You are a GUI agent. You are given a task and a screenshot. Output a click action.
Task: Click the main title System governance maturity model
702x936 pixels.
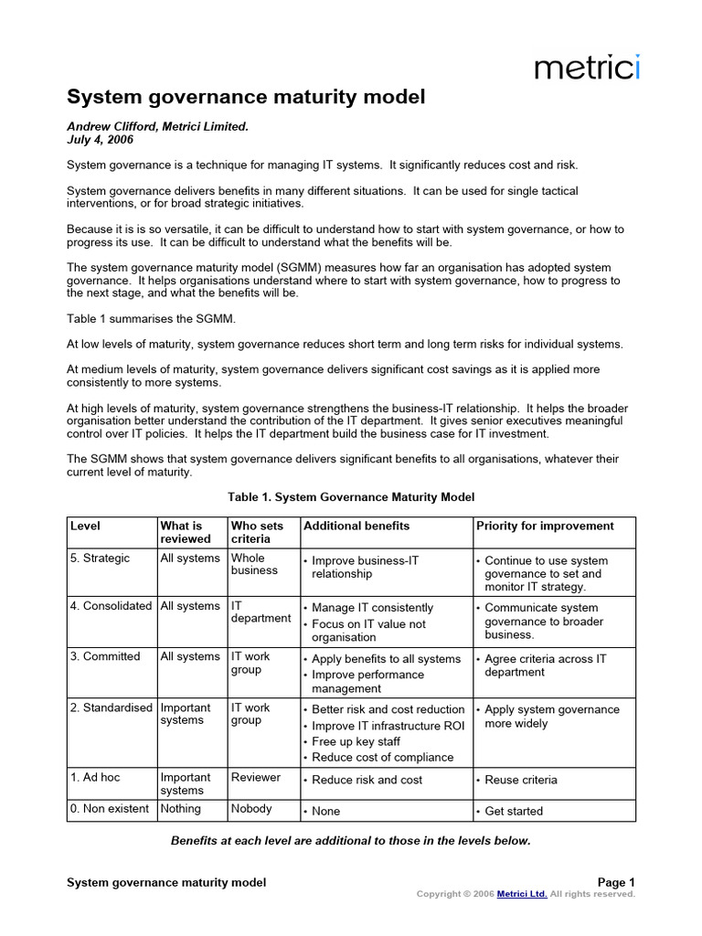point(247,97)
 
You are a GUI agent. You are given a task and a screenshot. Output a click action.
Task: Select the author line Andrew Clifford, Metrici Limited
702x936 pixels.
point(157,128)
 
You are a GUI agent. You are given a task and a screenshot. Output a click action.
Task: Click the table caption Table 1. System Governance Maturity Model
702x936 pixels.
point(351,496)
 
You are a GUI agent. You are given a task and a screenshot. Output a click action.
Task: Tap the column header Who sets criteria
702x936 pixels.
point(257,532)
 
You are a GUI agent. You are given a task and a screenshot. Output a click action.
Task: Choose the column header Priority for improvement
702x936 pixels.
point(545,526)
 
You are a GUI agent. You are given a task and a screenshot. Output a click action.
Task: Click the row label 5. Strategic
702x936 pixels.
point(101,558)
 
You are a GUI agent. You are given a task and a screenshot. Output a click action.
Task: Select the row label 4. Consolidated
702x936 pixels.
point(111,606)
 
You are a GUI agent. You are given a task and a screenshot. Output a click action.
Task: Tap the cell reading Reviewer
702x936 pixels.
point(257,777)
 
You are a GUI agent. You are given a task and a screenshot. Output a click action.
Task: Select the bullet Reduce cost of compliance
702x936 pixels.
point(382,757)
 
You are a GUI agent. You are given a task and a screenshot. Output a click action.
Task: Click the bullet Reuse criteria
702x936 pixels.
point(520,780)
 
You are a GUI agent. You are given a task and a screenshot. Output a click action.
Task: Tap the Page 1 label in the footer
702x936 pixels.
point(616,882)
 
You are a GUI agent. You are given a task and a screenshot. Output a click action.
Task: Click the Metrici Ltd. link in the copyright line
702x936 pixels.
point(522,894)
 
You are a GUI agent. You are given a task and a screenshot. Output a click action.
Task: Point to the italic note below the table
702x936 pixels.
point(351,840)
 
